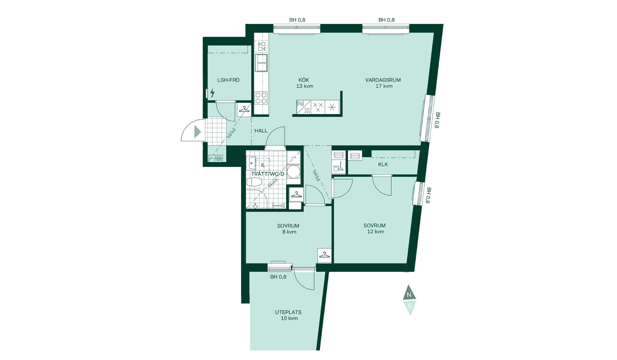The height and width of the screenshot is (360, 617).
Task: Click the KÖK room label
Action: click(x=304, y=80)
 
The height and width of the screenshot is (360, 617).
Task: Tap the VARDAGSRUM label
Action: click(x=383, y=80)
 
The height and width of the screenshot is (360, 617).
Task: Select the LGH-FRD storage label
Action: click(x=228, y=80)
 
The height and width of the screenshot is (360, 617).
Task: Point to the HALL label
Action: click(x=261, y=130)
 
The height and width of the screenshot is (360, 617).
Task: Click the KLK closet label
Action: click(x=383, y=164)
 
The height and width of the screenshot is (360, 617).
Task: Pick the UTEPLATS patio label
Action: click(x=288, y=312)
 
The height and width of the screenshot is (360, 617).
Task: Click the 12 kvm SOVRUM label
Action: click(x=374, y=226)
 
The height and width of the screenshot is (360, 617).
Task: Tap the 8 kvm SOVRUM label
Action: click(x=288, y=226)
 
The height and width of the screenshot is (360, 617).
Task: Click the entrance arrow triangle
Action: click(x=198, y=132)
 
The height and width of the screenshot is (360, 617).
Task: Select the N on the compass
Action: click(x=409, y=295)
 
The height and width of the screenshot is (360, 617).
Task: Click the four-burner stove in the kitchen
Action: click(x=261, y=98)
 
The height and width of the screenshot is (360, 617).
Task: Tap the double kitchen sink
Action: click(x=261, y=63)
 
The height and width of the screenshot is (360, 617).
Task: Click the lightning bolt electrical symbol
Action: click(x=212, y=93)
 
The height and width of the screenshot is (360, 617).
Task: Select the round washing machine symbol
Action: click(x=293, y=171)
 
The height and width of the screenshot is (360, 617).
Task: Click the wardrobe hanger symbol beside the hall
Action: click(x=244, y=109)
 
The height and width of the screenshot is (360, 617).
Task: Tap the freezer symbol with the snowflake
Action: click(x=332, y=107)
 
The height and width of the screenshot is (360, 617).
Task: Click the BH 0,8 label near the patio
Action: click(x=278, y=277)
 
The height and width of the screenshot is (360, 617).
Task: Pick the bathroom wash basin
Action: click(x=251, y=163)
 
